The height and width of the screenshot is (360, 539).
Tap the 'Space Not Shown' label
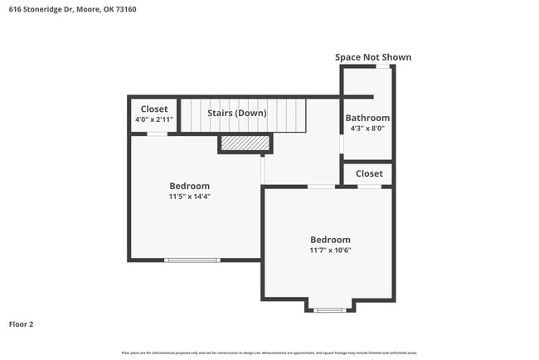point(372,57)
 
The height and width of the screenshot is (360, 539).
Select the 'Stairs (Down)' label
point(237,113)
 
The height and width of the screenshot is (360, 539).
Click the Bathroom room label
point(367,119)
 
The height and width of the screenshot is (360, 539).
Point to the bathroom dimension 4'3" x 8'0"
point(367,129)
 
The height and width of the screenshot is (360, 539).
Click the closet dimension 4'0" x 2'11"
point(154,119)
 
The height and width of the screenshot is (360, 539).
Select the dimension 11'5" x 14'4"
point(190,197)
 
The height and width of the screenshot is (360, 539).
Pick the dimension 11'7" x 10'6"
point(331,250)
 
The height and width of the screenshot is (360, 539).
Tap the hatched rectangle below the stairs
point(245,144)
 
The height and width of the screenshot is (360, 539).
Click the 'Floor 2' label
point(22,324)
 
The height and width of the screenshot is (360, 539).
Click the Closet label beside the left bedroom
point(154,109)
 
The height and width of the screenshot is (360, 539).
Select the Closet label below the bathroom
point(369,173)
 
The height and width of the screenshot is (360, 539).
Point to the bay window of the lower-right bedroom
point(330,310)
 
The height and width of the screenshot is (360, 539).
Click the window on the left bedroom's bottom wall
point(192,260)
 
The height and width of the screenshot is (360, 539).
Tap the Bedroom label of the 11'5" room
point(190,186)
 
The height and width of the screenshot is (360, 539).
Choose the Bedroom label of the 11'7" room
point(331,239)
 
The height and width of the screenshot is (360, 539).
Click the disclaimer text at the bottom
point(269,353)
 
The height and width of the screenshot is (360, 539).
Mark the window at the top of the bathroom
point(381,66)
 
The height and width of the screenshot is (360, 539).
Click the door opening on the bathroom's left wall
point(342,144)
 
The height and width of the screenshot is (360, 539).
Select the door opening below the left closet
point(157,134)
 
